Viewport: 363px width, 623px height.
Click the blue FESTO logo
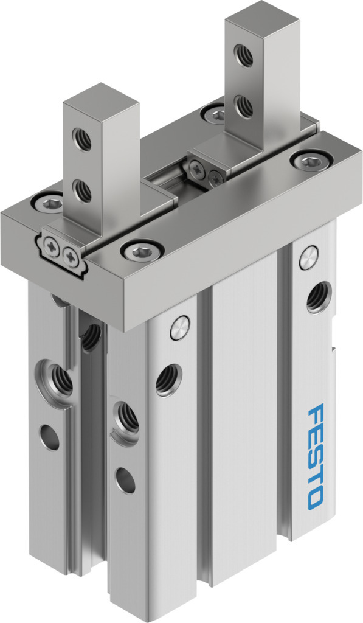click(316, 456)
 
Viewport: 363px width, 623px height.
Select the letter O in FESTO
click(316, 499)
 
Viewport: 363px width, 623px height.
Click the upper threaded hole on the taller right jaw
click(243, 55)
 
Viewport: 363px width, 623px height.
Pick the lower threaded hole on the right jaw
click(243, 106)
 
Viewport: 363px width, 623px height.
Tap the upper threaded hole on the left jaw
click(82, 139)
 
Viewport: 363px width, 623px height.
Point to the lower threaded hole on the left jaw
click(82, 190)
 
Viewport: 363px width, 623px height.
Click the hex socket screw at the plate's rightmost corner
click(311, 161)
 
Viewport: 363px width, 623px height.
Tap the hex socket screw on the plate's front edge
click(142, 250)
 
